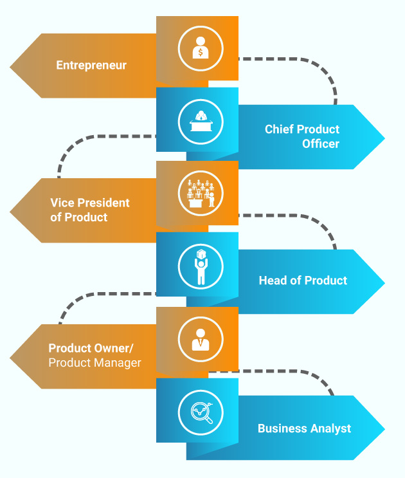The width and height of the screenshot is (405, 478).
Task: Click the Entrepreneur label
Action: click(91, 65)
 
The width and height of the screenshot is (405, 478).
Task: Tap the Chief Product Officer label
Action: click(302, 136)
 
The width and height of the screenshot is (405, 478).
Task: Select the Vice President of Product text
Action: click(90, 210)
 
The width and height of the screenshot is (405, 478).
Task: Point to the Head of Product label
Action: click(303, 280)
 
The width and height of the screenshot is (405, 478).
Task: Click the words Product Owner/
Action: click(91, 348)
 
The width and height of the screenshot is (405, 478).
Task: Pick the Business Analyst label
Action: click(304, 428)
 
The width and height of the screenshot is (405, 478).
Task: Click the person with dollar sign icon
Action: click(200, 49)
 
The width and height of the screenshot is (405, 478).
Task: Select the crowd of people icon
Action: click(200, 192)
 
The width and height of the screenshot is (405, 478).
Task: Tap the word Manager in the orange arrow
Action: click(118, 363)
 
